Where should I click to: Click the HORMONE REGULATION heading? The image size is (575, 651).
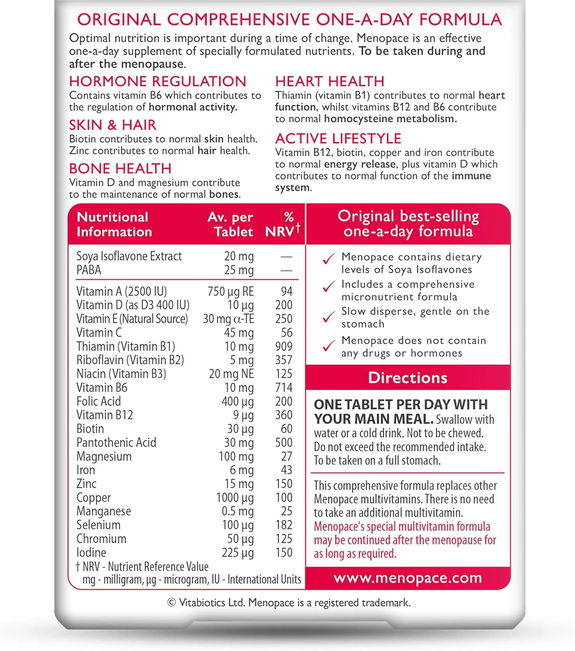coord(158,81)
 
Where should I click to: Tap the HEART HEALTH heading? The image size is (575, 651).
coord(329,81)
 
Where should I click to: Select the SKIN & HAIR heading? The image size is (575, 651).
coord(112,125)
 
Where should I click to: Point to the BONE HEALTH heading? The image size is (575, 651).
coord(120,168)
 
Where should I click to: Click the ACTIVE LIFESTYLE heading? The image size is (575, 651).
coord(338,138)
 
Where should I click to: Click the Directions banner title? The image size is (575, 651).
coord(407,378)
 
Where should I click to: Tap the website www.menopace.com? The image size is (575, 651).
coord(407,578)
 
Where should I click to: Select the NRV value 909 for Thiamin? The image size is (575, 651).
coord(284,346)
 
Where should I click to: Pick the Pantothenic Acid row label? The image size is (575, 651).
coord(116,443)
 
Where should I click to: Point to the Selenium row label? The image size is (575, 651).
coord(99,525)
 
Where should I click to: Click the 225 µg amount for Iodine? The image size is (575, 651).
coord(238,552)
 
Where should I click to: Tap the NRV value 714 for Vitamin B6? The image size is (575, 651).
coord(284,388)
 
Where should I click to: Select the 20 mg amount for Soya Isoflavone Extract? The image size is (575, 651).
coord(239,256)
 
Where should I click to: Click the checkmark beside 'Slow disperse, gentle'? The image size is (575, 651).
coord(329,317)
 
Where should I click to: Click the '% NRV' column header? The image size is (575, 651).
coord(283,224)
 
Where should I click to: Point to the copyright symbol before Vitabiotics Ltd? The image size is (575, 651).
coord(171,602)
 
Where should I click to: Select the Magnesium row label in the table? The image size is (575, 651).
coord(104,457)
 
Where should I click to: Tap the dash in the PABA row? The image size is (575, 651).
coord(286,270)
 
